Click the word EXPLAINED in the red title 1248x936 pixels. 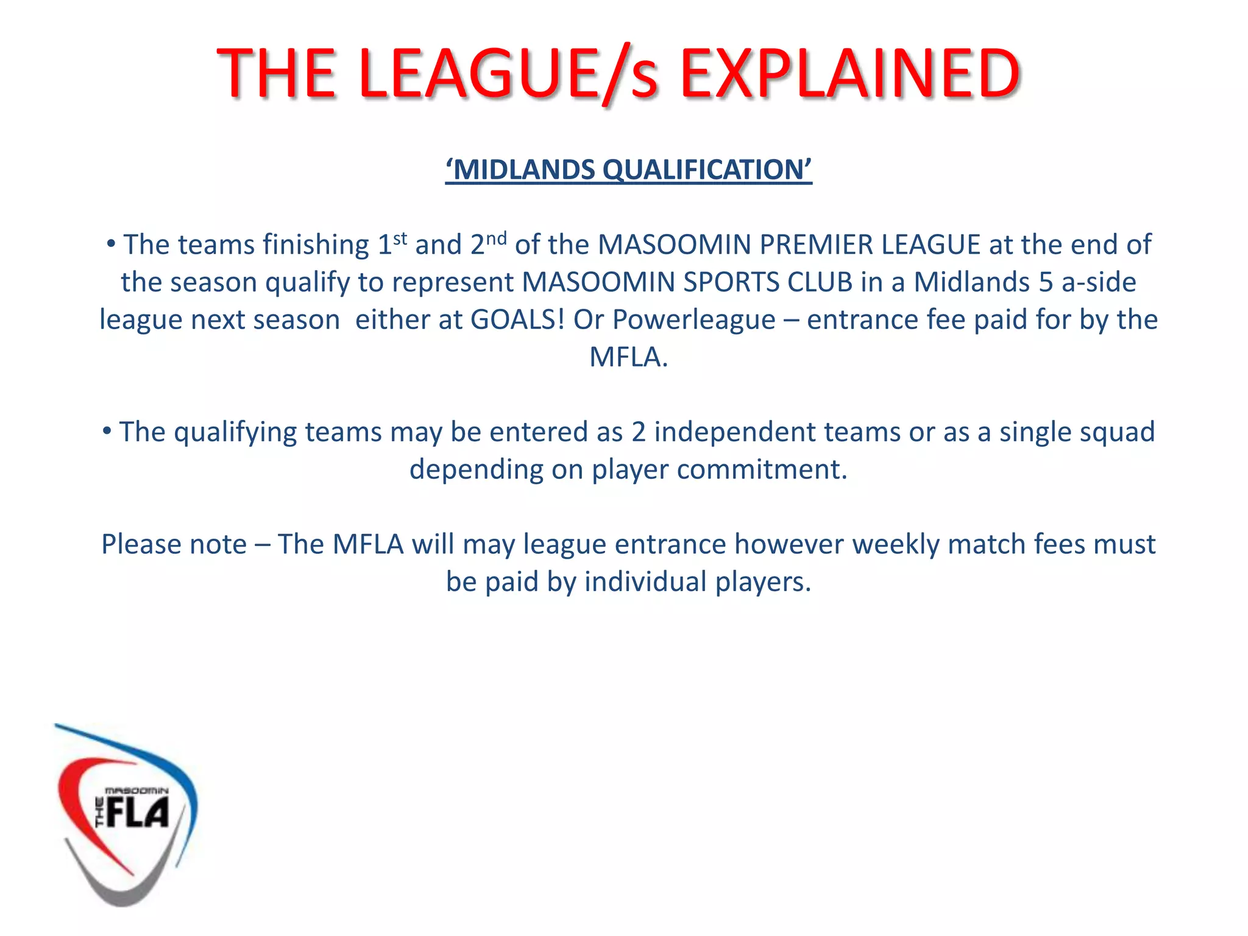tap(850, 74)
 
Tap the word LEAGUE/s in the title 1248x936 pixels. tap(508, 74)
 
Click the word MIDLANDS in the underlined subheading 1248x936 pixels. tap(524, 170)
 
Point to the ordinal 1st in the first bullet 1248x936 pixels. tap(392, 244)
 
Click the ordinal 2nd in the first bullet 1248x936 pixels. tap(488, 244)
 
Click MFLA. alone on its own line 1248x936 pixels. tap(628, 357)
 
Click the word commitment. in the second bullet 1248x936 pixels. tap(762, 470)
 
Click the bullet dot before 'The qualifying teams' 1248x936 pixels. tap(107, 431)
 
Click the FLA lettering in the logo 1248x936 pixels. tap(138, 813)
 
